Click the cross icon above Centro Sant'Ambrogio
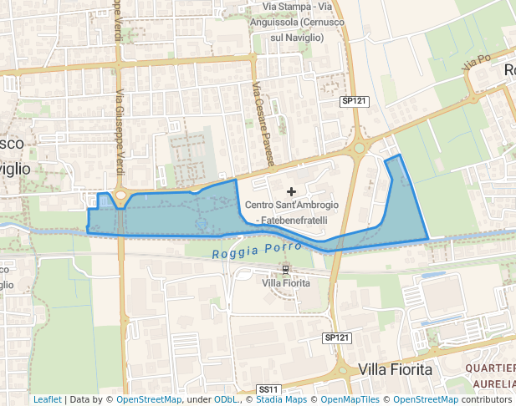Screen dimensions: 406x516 point(291,192)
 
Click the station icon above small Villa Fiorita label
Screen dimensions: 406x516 point(286,270)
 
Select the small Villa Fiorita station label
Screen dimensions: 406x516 point(286,283)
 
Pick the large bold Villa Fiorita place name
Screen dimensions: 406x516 point(395,368)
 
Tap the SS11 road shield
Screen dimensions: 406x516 point(268,389)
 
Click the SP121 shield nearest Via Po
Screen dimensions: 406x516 point(355,100)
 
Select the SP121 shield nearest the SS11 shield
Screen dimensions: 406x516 point(335,337)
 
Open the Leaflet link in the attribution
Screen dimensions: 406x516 point(47,399)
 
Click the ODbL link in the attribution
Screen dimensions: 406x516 point(226,399)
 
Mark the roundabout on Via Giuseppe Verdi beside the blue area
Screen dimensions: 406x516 point(120,197)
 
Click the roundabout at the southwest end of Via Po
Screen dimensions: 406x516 point(360,148)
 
